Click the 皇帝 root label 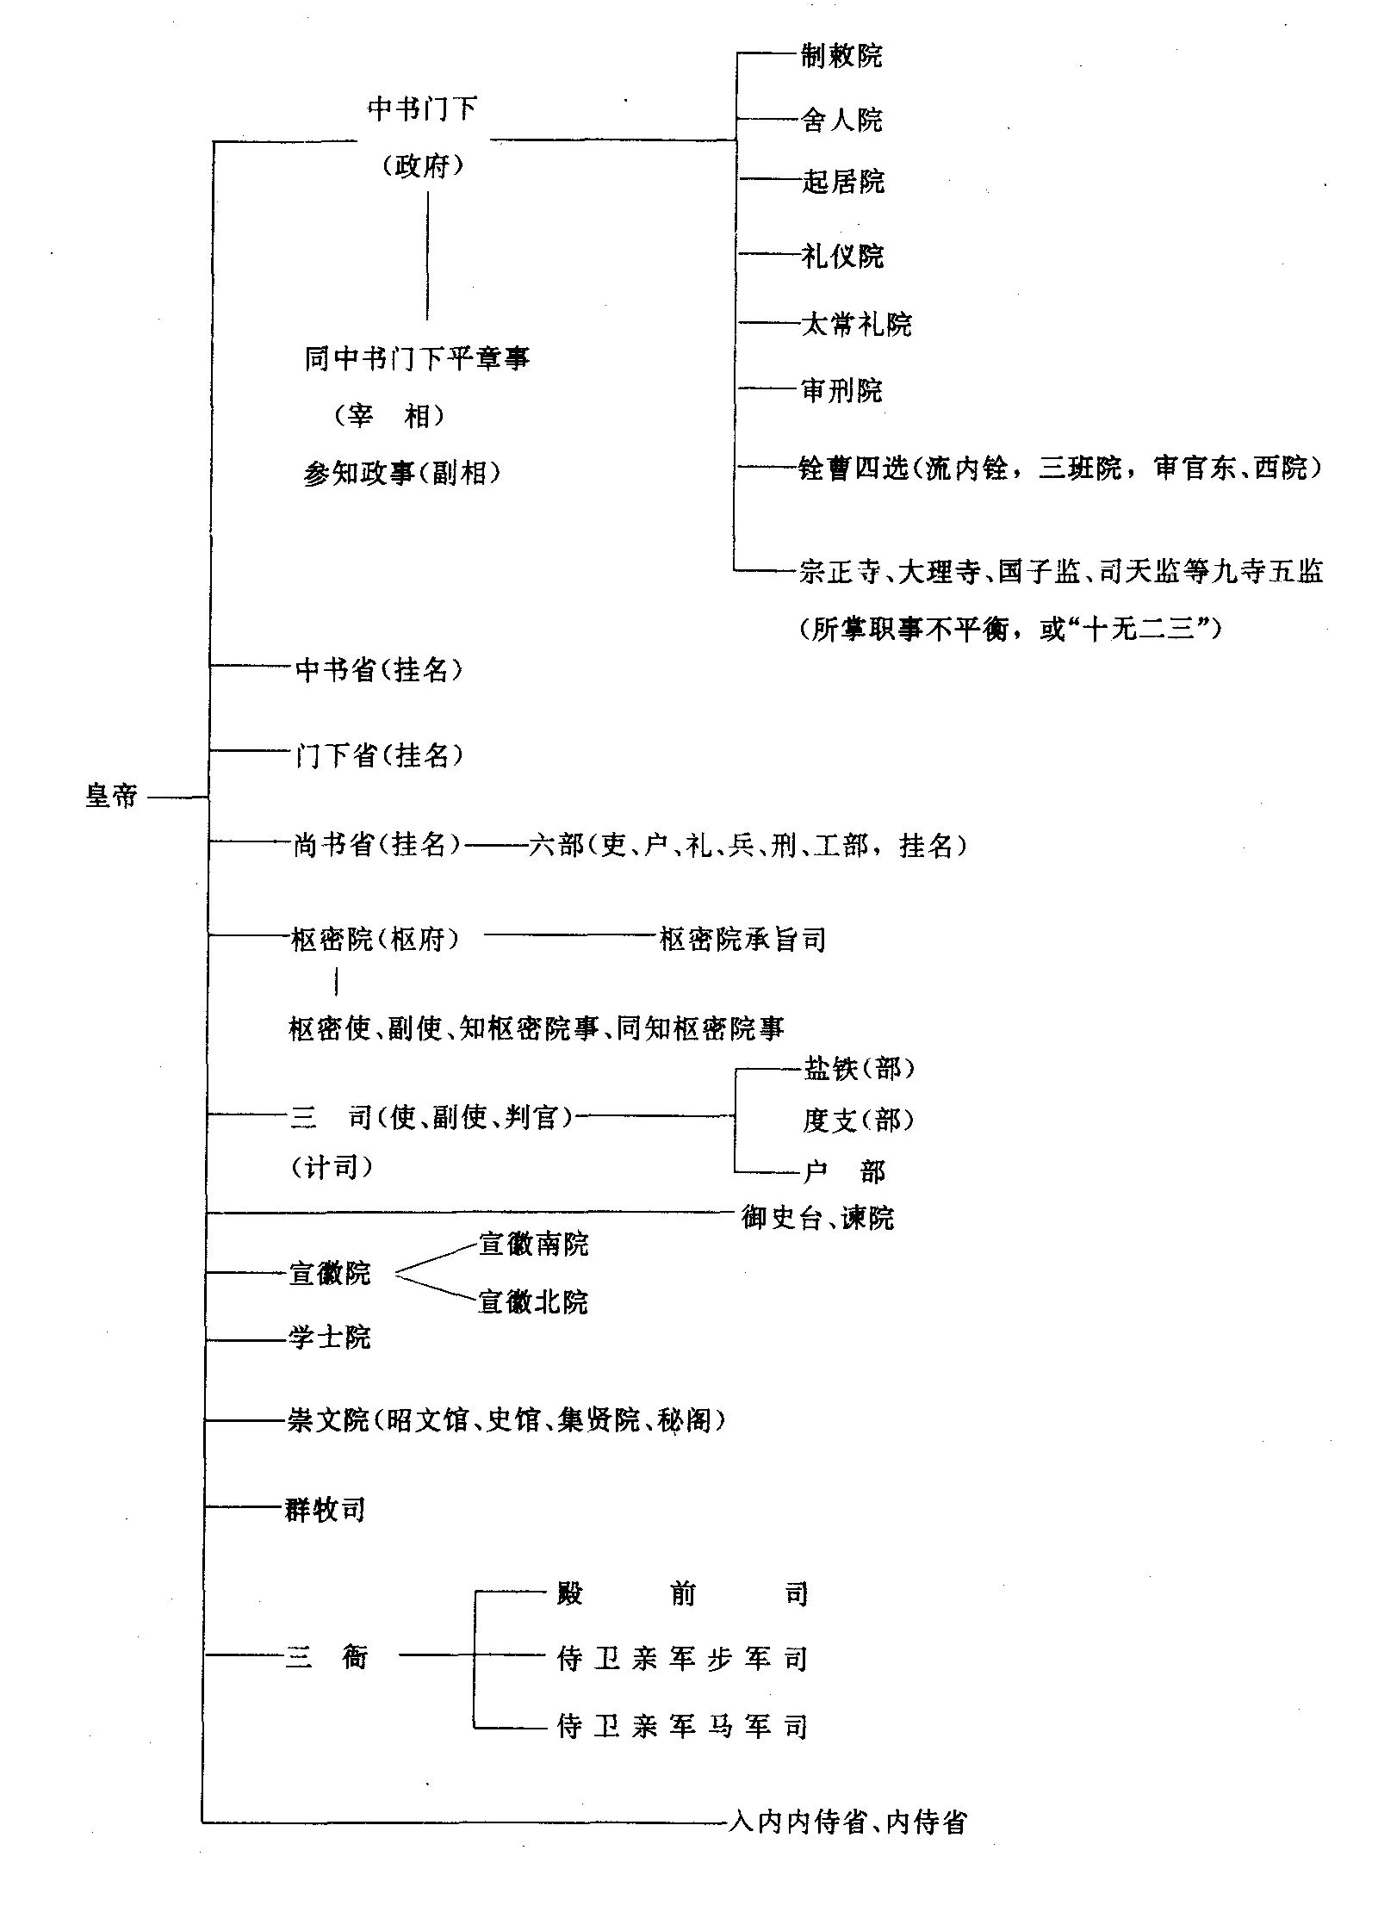pos(111,795)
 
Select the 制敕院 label pos(841,57)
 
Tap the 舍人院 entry pos(841,120)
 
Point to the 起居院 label pos(842,182)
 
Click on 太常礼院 pos(856,325)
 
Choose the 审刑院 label pos(841,391)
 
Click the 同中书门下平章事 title pos(417,358)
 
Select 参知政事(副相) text pos(401,473)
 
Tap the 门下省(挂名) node pos(379,755)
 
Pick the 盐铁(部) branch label pos(858,1069)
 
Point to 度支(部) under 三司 pos(858,1120)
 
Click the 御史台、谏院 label pos(817,1217)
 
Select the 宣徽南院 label pos(533,1245)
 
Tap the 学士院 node pos(329,1338)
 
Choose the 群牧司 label pos(326,1510)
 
